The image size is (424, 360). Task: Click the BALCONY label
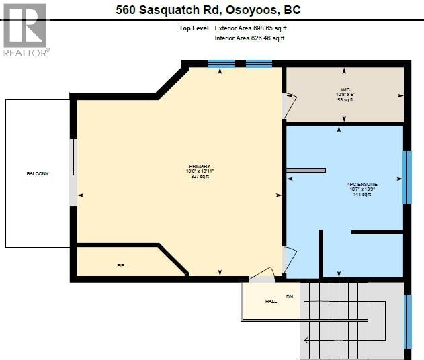point(38,173)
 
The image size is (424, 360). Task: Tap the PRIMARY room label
point(200,166)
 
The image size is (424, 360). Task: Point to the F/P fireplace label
point(120,266)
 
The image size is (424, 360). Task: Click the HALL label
point(271,301)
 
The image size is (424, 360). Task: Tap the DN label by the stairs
point(290,296)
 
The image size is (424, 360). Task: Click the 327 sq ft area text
point(200,177)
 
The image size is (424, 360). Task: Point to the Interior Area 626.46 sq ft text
point(249,38)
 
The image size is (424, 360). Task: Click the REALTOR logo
point(24,30)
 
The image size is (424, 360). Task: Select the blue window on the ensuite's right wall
point(406,177)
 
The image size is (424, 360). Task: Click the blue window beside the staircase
point(407,321)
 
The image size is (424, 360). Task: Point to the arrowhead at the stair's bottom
point(306,340)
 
